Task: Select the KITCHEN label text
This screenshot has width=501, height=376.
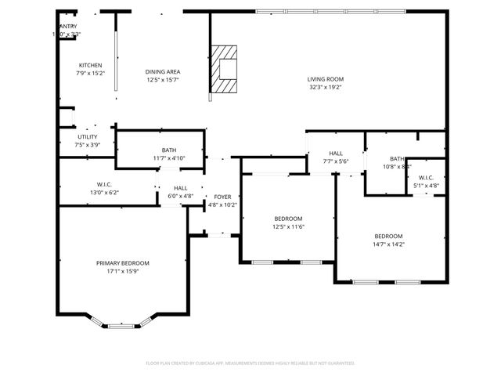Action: pos(91,65)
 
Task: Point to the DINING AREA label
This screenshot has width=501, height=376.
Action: pos(163,71)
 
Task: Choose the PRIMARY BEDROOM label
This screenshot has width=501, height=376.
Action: pos(123,263)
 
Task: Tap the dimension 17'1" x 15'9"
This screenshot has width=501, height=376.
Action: pos(123,272)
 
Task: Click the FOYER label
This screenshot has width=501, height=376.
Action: pos(223,197)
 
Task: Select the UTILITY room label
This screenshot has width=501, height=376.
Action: pos(88,137)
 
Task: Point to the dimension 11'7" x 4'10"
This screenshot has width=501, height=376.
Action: pos(169,158)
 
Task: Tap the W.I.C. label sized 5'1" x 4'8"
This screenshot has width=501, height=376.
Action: pos(426,178)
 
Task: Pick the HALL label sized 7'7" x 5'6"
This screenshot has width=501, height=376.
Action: pos(336,154)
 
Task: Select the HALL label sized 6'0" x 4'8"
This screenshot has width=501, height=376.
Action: pos(180,188)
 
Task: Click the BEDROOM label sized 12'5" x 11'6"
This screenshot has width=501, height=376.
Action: pos(288,219)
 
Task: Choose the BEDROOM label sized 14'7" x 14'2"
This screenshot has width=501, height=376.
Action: pos(388,236)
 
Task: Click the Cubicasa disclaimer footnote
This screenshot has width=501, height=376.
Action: pos(250,363)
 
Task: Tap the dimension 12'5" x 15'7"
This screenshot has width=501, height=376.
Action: pos(163,80)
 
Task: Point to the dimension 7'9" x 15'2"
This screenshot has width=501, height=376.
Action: pos(91,74)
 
